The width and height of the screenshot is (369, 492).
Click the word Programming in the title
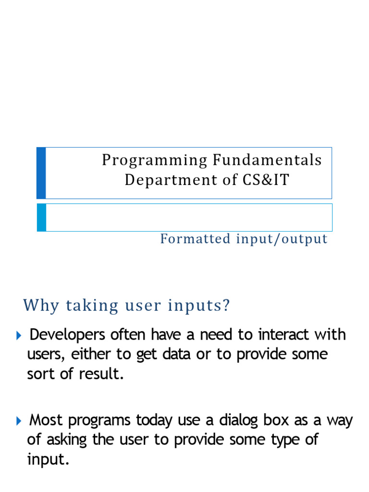(x=155, y=161)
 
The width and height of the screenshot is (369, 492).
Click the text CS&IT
(x=265, y=180)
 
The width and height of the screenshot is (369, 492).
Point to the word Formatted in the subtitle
(x=195, y=239)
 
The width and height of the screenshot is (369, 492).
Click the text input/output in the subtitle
(x=282, y=239)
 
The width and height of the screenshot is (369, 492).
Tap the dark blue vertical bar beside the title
(x=41, y=173)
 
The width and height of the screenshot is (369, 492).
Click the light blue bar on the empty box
(x=41, y=218)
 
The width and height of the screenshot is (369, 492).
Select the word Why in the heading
(x=41, y=306)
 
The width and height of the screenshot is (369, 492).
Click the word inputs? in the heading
(x=199, y=306)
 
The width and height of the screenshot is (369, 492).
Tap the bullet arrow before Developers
(x=19, y=336)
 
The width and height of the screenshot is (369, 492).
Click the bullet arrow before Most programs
(x=19, y=421)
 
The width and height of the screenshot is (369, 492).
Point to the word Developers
(x=67, y=335)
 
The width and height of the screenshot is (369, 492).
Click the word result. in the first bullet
(x=101, y=374)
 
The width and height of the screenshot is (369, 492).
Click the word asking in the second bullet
(x=67, y=440)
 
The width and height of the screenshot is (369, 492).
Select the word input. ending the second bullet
(x=48, y=460)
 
